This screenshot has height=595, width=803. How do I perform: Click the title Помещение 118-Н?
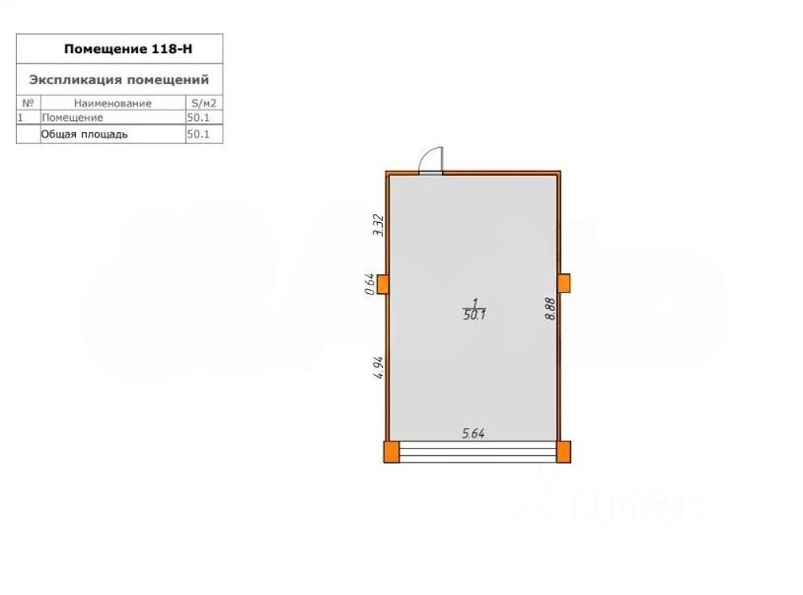(x=128, y=48)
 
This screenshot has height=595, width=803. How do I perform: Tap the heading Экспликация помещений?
(x=118, y=80)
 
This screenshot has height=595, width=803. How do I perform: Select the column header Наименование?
(x=112, y=103)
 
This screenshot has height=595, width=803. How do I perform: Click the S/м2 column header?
(x=204, y=103)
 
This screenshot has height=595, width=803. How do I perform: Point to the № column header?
(x=29, y=103)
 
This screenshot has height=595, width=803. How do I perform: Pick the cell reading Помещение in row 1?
(x=72, y=117)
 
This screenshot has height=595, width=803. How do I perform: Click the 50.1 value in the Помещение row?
(x=198, y=117)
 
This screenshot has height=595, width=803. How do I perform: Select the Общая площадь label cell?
(x=84, y=134)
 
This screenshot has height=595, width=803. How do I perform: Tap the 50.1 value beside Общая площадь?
(x=198, y=134)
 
